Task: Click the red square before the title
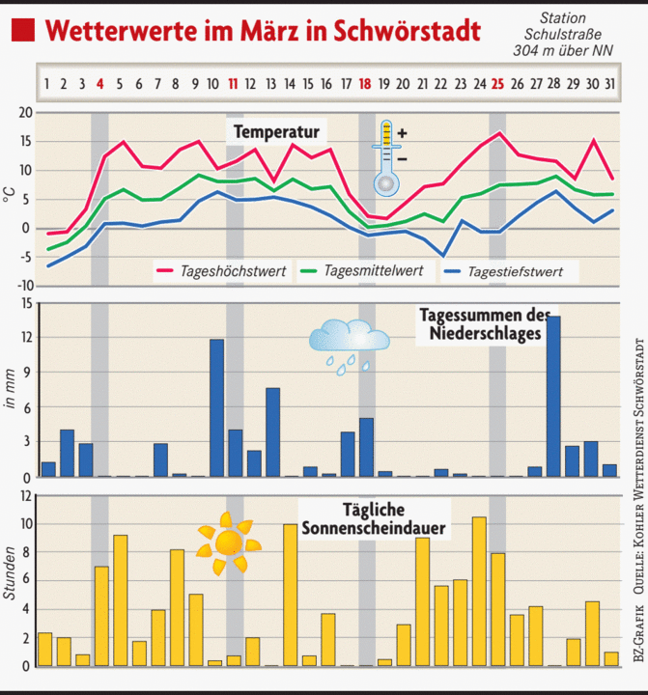pos(22,29)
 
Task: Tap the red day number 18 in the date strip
pos(365,84)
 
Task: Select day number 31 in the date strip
pos(608,84)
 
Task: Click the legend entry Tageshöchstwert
pos(233,271)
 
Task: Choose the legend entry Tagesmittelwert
pos(372,270)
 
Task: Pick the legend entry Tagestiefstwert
pos(522,272)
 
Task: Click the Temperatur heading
pos(276,129)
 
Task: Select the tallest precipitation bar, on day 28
pos(553,397)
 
